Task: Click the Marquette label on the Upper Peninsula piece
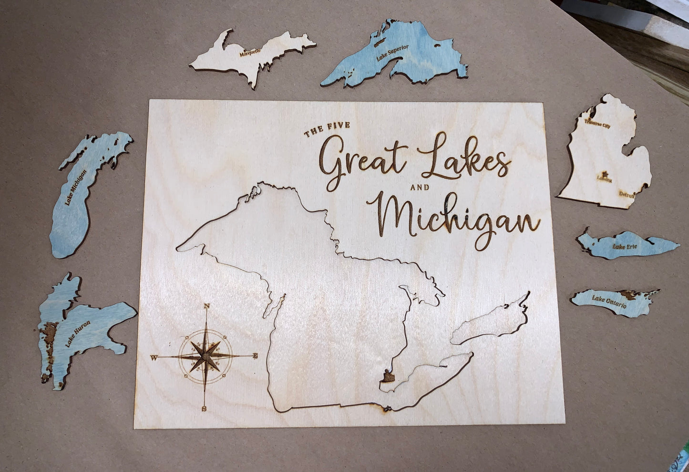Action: pos(250,52)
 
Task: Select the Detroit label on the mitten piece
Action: pos(627,194)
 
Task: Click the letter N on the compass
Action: pos(206,306)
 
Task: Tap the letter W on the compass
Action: pos(154,357)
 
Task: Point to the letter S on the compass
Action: pos(204,409)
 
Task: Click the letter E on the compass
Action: pos(256,355)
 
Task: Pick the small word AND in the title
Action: pos(420,188)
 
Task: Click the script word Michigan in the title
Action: pos(453,217)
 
